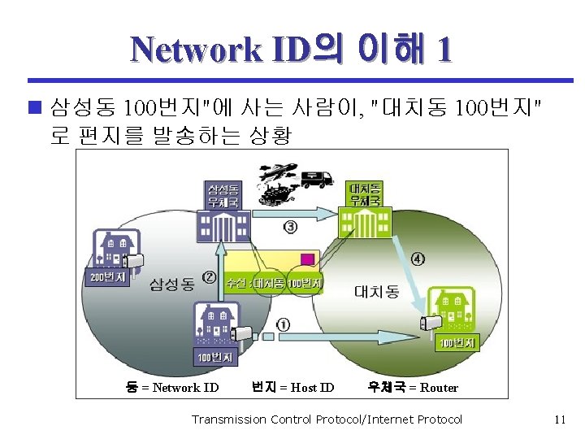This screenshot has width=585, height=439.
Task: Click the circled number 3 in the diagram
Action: coord(290,226)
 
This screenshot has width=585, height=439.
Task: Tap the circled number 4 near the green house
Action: coord(418,259)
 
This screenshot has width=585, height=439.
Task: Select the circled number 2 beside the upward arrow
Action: coord(210,277)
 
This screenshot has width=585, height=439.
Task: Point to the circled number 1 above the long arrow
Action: coord(283,324)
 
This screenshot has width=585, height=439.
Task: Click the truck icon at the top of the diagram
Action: coord(316,178)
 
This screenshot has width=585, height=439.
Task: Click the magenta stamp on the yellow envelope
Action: coord(307,259)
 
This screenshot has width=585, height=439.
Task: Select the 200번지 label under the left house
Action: coord(106,277)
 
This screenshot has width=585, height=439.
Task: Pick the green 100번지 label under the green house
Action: coord(458,343)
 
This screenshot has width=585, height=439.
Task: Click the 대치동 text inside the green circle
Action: coord(376,291)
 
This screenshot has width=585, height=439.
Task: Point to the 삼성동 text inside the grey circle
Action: coord(171,284)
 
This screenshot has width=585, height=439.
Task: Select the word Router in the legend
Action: coord(439,388)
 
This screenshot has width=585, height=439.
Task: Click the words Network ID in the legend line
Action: coord(185,388)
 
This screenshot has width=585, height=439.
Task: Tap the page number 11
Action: coord(559,419)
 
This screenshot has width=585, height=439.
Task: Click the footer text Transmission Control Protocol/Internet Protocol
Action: coord(326,419)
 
